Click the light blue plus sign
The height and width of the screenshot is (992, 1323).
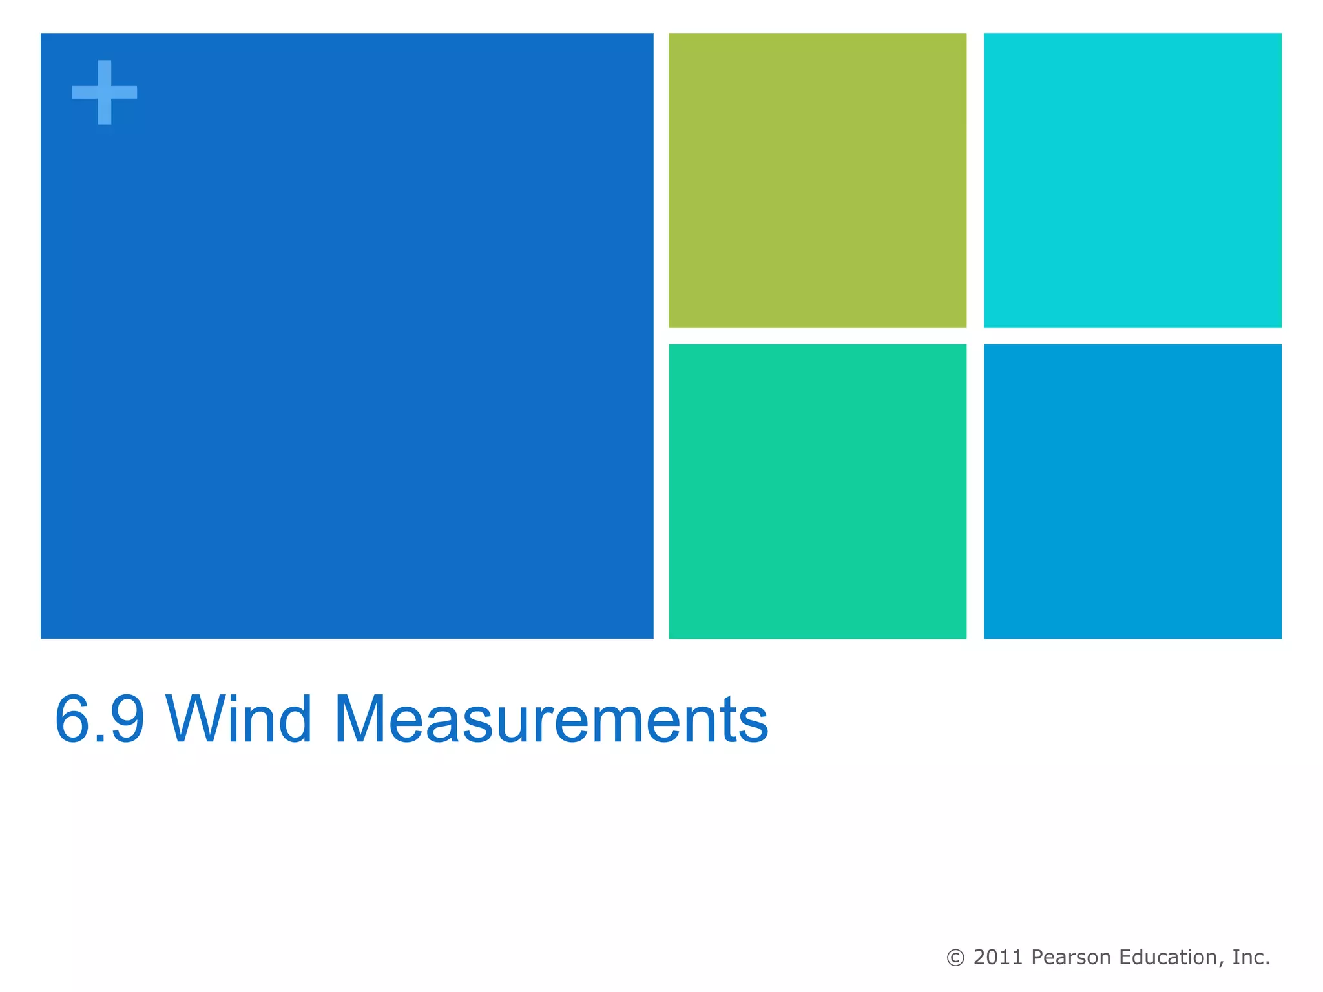coord(104,92)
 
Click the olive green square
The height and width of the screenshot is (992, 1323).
coord(817,180)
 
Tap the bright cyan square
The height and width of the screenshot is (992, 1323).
coord(1132,180)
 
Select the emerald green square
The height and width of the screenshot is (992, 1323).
coord(817,491)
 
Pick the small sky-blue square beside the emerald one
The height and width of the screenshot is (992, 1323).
coord(1132,491)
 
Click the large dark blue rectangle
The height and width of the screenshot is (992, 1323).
coord(347,336)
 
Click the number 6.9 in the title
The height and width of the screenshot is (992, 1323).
coord(100,719)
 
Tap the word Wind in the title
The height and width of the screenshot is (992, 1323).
coord(239,719)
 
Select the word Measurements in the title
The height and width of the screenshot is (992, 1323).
coord(551,719)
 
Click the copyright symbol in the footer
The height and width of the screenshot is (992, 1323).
coord(955,958)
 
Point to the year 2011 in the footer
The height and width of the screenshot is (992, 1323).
coord(999,957)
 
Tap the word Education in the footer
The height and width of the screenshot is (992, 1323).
coord(1169,957)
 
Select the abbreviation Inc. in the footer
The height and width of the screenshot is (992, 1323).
coord(1251,957)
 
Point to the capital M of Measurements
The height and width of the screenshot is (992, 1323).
coord(364,719)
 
